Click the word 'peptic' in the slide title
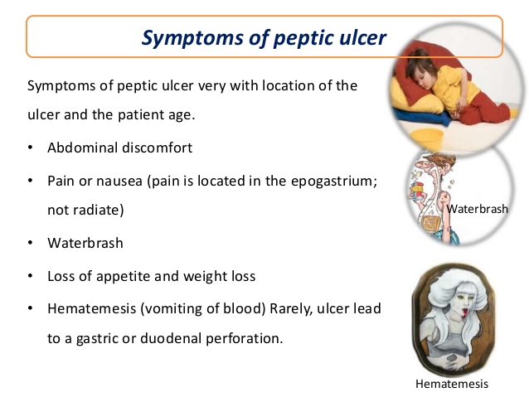pyautogui.click(x=271, y=37)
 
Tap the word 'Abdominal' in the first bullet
pyautogui.click(x=80, y=148)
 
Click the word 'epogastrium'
pyautogui.click(x=336, y=180)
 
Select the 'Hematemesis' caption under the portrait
pyautogui.click(x=452, y=384)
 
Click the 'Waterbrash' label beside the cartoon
pyautogui.click(x=477, y=210)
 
